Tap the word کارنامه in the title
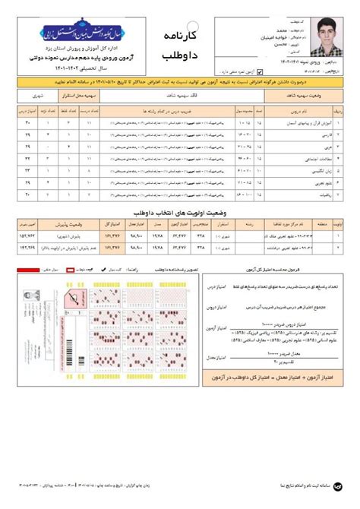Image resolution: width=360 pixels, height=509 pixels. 185,36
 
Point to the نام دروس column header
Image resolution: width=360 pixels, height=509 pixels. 307,110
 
